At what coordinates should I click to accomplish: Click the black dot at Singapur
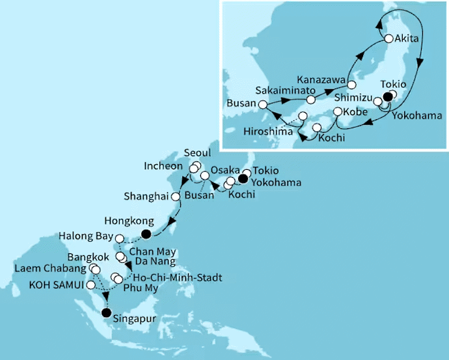tap(105, 313)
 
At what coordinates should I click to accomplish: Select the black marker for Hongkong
tap(147, 234)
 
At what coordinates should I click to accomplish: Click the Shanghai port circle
tap(174, 195)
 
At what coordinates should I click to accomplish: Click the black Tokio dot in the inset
tap(388, 97)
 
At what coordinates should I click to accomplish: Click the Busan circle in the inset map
tap(262, 104)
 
